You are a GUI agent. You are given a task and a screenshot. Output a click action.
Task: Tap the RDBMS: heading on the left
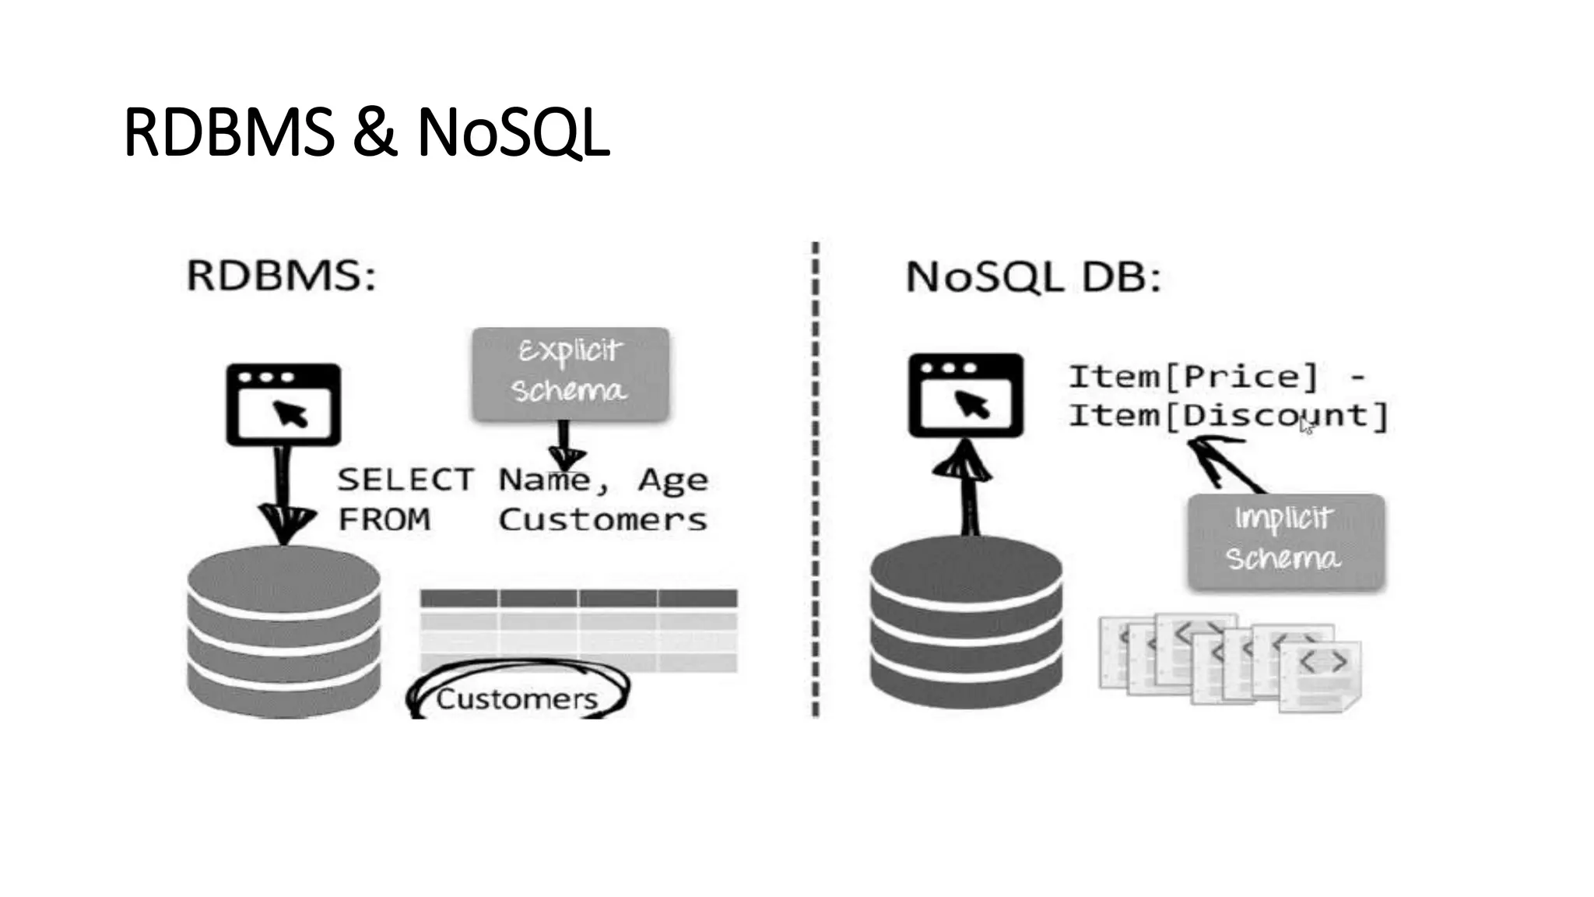click(x=282, y=276)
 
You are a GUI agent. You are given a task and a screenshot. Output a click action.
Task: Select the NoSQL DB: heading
click(x=1034, y=277)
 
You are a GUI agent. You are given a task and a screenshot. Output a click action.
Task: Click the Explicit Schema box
click(x=571, y=373)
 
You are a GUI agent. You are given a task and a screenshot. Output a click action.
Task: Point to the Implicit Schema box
click(x=1286, y=540)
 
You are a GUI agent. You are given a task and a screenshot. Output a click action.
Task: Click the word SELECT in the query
click(x=405, y=480)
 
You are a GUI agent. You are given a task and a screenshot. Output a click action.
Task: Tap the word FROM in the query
click(x=384, y=519)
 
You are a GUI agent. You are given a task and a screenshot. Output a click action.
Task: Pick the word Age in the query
click(x=672, y=480)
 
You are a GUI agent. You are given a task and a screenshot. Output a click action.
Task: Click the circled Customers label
click(x=517, y=698)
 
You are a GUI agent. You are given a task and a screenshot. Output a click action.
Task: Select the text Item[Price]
click(x=1193, y=377)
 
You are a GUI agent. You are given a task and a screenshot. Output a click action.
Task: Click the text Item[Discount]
click(x=1228, y=416)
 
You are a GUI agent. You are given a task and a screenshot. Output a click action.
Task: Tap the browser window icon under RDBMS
click(x=283, y=404)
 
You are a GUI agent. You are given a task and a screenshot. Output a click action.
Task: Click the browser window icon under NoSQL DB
click(x=966, y=395)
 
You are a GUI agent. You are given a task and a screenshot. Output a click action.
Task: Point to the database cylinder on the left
click(x=284, y=631)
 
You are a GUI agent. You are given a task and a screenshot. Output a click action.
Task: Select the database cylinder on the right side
click(x=966, y=623)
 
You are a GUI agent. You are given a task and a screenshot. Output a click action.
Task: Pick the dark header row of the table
click(x=578, y=599)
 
